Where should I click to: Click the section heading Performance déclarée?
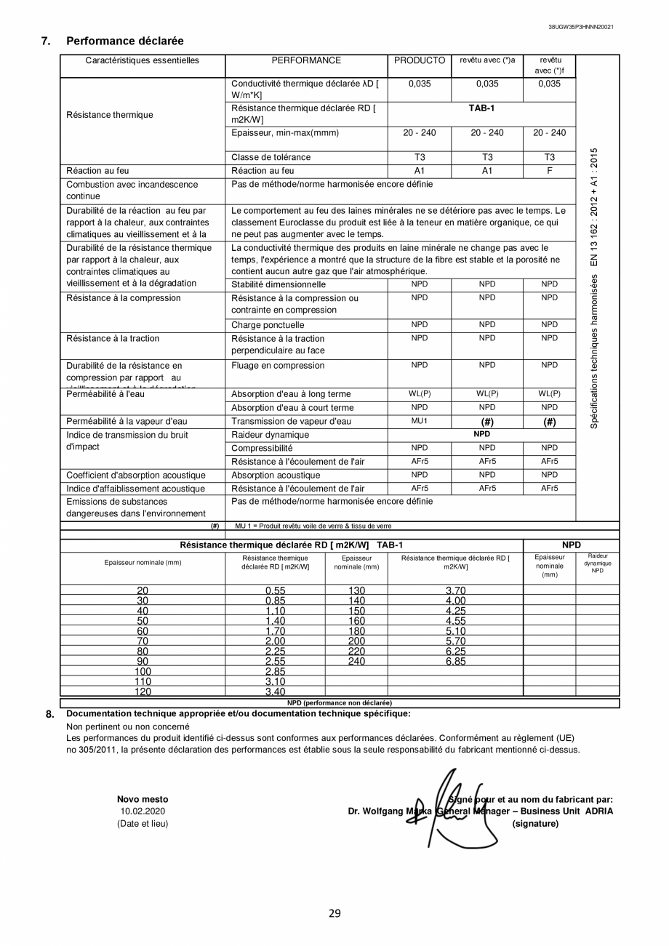point(124,41)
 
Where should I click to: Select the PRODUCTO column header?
point(420,61)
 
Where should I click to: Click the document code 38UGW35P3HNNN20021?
point(580,27)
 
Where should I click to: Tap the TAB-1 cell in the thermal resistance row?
point(481,108)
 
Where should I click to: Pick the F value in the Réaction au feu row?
point(549,171)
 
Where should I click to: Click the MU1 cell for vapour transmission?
point(420,422)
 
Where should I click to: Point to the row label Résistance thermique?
point(110,115)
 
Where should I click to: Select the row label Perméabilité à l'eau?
point(105,394)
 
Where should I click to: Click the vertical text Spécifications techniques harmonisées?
point(594,289)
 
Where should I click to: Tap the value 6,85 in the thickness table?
point(455,662)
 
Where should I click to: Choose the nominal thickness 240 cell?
point(356,662)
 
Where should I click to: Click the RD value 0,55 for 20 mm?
point(275,591)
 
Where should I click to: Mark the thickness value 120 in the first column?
point(143,692)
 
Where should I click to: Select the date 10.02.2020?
point(143,811)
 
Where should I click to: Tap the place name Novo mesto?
point(143,798)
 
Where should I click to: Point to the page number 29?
point(334,913)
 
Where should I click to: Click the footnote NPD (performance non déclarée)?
point(339,703)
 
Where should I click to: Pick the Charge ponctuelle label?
point(268,325)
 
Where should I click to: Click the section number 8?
point(49,714)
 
